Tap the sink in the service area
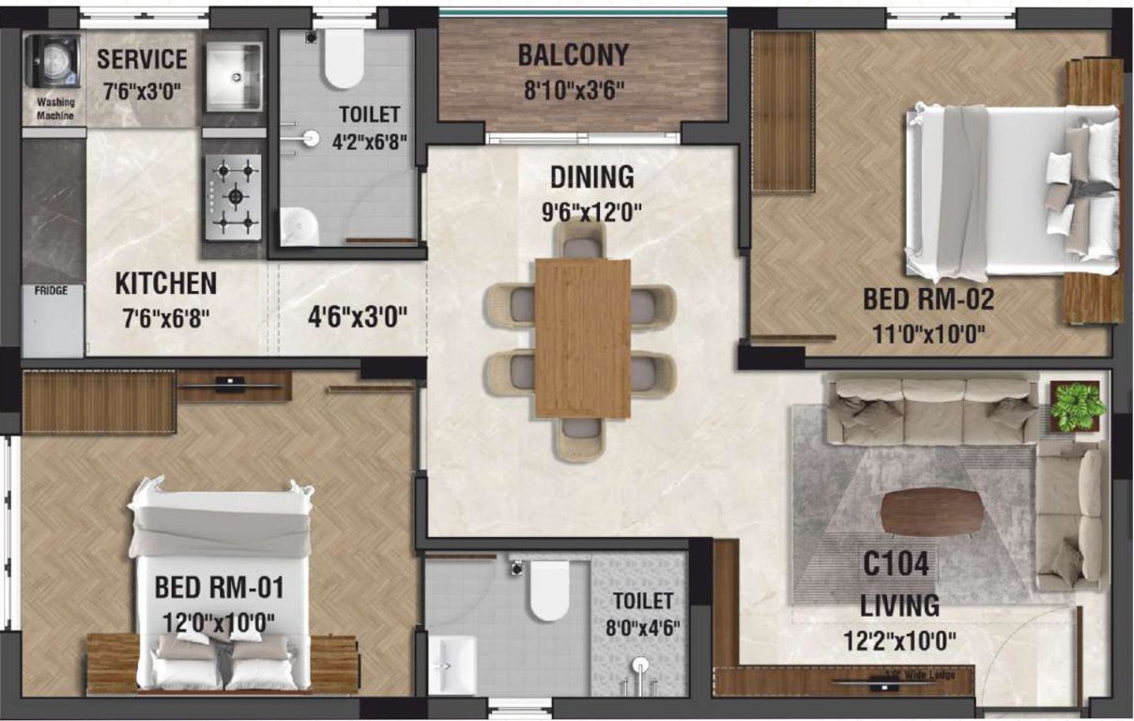233,77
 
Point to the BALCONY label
573,55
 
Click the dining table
582,338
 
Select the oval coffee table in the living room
932,513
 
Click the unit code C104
896,565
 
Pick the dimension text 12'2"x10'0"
899,641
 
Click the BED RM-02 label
927,300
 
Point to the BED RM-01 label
219,589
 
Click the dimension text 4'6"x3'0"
357,316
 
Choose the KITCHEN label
165,283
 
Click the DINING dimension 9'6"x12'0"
591,211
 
